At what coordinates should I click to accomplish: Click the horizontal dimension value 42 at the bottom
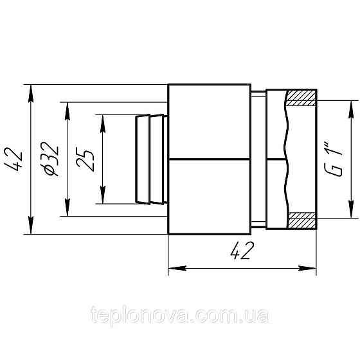(242, 251)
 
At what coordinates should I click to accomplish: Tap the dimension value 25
(88, 158)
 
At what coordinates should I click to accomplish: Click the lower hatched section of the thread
(301, 220)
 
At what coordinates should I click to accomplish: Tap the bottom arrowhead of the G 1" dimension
(350, 212)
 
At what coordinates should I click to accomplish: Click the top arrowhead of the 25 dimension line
(101, 121)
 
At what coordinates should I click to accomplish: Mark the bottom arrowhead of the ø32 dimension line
(66, 210)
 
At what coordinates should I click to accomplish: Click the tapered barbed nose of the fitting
(149, 159)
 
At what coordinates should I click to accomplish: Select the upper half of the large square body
(209, 122)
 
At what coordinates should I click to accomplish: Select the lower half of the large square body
(209, 196)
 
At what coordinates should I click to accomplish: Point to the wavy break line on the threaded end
(285, 159)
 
